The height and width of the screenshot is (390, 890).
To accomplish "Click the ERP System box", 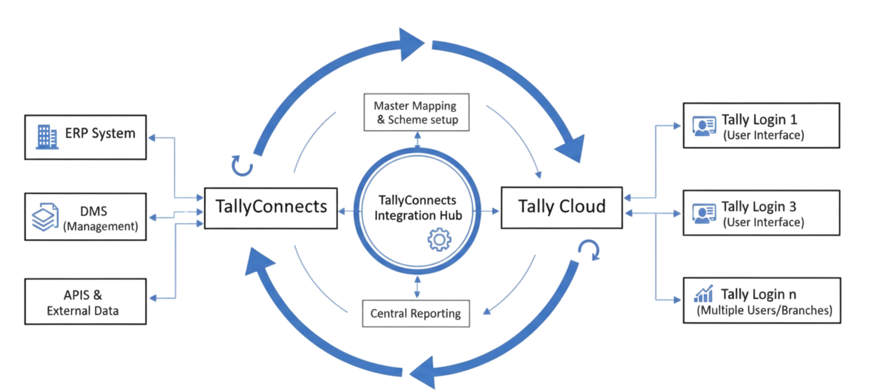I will pyautogui.click(x=85, y=137).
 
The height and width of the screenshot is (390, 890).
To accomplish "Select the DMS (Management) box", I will pyautogui.click(x=85, y=218).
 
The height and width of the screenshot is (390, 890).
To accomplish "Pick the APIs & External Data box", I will pyautogui.click(x=85, y=301).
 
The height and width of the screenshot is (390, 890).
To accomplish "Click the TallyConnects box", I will pyautogui.click(x=271, y=207).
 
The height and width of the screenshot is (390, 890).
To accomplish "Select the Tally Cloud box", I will pyautogui.click(x=561, y=207).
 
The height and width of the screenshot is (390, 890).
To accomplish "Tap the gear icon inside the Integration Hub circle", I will pyautogui.click(x=438, y=240).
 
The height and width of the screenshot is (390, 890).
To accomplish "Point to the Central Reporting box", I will pyautogui.click(x=415, y=314).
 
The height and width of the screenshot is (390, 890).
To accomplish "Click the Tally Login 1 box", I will pyautogui.click(x=761, y=125).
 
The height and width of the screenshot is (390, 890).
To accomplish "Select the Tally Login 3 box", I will pyautogui.click(x=761, y=213).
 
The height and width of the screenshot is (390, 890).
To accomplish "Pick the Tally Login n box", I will pyautogui.click(x=761, y=300).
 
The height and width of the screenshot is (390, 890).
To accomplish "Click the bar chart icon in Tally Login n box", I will pyautogui.click(x=703, y=295).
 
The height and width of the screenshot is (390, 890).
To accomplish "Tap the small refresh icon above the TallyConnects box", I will pyautogui.click(x=242, y=165).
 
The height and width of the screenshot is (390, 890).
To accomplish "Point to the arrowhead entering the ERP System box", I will pyautogui.click(x=152, y=138).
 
